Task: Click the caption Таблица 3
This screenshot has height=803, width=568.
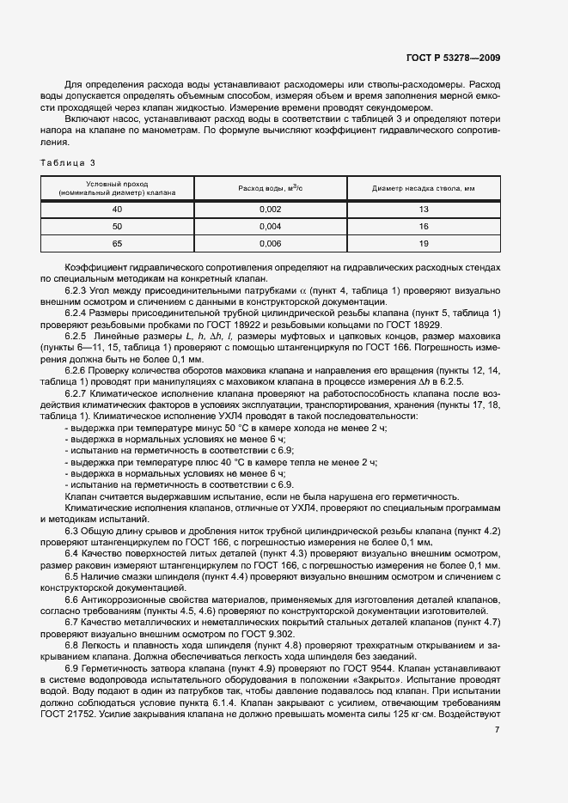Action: point(69,162)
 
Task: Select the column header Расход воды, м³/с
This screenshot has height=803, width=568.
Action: point(270,188)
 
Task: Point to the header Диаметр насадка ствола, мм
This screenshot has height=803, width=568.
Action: point(424,188)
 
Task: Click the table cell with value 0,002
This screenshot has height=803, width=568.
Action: point(270,209)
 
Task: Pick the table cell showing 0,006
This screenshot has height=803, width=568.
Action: point(270,244)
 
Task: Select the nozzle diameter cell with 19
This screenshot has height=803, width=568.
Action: point(424,244)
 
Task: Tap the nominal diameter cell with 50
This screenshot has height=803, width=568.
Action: point(118,227)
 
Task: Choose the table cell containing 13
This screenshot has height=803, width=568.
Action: point(424,209)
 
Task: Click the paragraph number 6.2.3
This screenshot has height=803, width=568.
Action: point(80,293)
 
